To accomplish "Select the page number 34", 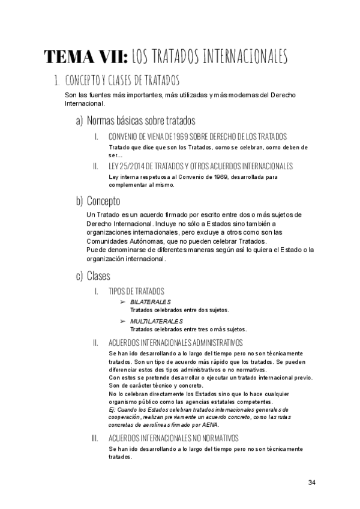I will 311,483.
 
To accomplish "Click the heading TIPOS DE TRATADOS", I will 137,291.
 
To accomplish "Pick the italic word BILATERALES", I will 150,302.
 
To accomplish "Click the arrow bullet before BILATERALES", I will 124,302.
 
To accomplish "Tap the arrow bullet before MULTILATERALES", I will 124,321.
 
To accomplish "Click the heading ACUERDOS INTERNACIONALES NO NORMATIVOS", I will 173,438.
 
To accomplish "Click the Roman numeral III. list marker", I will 95,438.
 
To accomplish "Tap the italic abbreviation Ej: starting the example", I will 113,409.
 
